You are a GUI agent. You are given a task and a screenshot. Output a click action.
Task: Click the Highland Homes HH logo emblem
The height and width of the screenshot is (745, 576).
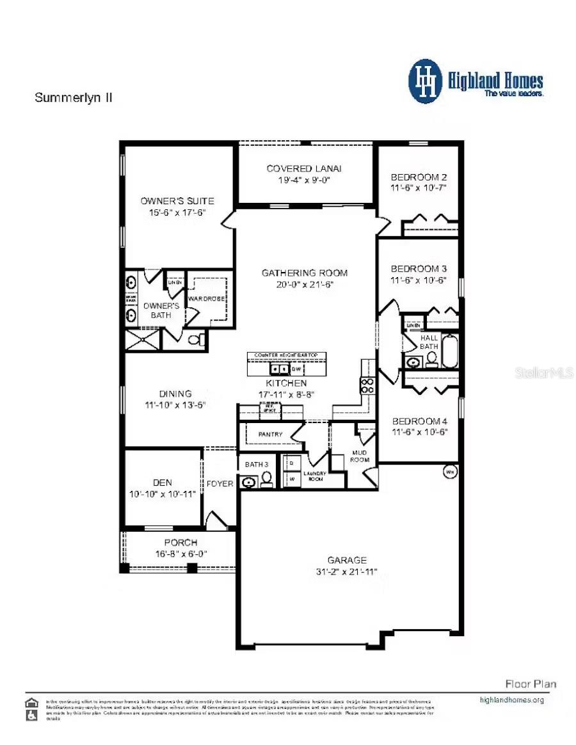click(x=426, y=81)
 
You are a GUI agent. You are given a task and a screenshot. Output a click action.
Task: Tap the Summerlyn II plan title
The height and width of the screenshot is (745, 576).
click(x=74, y=98)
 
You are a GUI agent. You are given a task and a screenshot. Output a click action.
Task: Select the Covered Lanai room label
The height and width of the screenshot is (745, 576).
click(x=304, y=168)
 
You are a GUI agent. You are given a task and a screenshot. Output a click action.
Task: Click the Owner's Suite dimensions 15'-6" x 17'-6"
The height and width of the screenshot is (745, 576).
click(x=177, y=213)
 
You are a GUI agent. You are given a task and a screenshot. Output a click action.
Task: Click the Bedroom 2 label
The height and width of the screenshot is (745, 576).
click(x=418, y=177)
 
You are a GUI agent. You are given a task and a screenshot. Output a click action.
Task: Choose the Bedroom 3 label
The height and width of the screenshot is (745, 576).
click(x=418, y=269)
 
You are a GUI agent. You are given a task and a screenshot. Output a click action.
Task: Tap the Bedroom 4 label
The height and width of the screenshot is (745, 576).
click(x=419, y=421)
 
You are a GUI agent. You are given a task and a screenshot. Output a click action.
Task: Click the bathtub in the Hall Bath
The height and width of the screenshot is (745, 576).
click(x=450, y=352)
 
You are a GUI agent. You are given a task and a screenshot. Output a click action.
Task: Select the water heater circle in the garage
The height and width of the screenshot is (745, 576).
click(x=450, y=473)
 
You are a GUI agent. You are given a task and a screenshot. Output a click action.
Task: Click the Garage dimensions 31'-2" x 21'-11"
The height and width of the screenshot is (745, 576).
click(x=348, y=572)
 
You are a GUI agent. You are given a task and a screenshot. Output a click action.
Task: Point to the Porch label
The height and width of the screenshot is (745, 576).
click(x=181, y=542)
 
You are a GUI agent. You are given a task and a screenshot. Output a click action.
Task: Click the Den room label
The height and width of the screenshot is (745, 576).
click(x=163, y=483)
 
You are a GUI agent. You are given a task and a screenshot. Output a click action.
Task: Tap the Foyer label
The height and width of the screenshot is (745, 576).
click(x=220, y=484)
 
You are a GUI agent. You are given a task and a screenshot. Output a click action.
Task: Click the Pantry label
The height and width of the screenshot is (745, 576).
click(x=270, y=435)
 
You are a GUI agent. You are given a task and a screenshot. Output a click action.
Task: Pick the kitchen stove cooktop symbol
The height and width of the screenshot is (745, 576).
click(x=369, y=385)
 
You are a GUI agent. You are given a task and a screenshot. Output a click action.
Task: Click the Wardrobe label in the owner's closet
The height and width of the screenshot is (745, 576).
click(x=204, y=298)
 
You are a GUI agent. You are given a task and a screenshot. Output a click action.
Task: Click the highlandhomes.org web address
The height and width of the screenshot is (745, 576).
click(x=511, y=700)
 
